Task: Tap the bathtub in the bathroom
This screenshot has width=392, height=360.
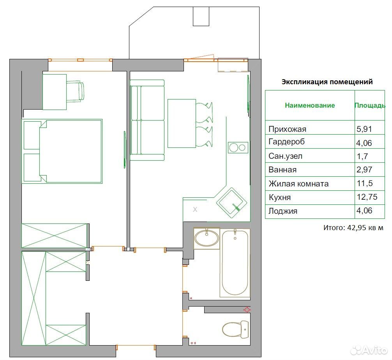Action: pyautogui.click(x=235, y=262)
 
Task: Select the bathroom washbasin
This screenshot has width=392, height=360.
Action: pyautogui.click(x=207, y=238)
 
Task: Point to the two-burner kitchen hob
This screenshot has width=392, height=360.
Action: pyautogui.click(x=238, y=147)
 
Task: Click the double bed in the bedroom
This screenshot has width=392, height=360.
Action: pyautogui.click(x=62, y=151)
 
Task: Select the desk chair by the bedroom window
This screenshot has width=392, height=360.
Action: pyautogui.click(x=75, y=92)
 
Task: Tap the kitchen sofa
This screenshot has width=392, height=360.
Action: pyautogui.click(x=147, y=120)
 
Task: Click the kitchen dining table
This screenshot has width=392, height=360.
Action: pyautogui.click(x=182, y=123)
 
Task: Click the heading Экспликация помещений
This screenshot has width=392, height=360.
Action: pyautogui.click(x=327, y=82)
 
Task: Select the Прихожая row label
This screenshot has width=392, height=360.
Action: pyautogui.click(x=287, y=129)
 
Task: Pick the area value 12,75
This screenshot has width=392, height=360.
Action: pyautogui.click(x=367, y=197)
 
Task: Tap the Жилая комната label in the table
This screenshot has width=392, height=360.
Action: pyautogui.click(x=298, y=184)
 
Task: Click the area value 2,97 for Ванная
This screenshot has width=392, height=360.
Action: pyautogui.click(x=364, y=170)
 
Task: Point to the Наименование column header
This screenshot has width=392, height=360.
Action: pyautogui.click(x=310, y=105)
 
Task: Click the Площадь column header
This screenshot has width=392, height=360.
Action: pyautogui.click(x=370, y=105)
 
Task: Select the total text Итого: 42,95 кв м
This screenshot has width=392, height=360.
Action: pyautogui.click(x=353, y=228)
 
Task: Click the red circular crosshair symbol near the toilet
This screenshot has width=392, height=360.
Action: pyautogui.click(x=247, y=310)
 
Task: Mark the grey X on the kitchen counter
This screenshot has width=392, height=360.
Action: pyautogui.click(x=195, y=209)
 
